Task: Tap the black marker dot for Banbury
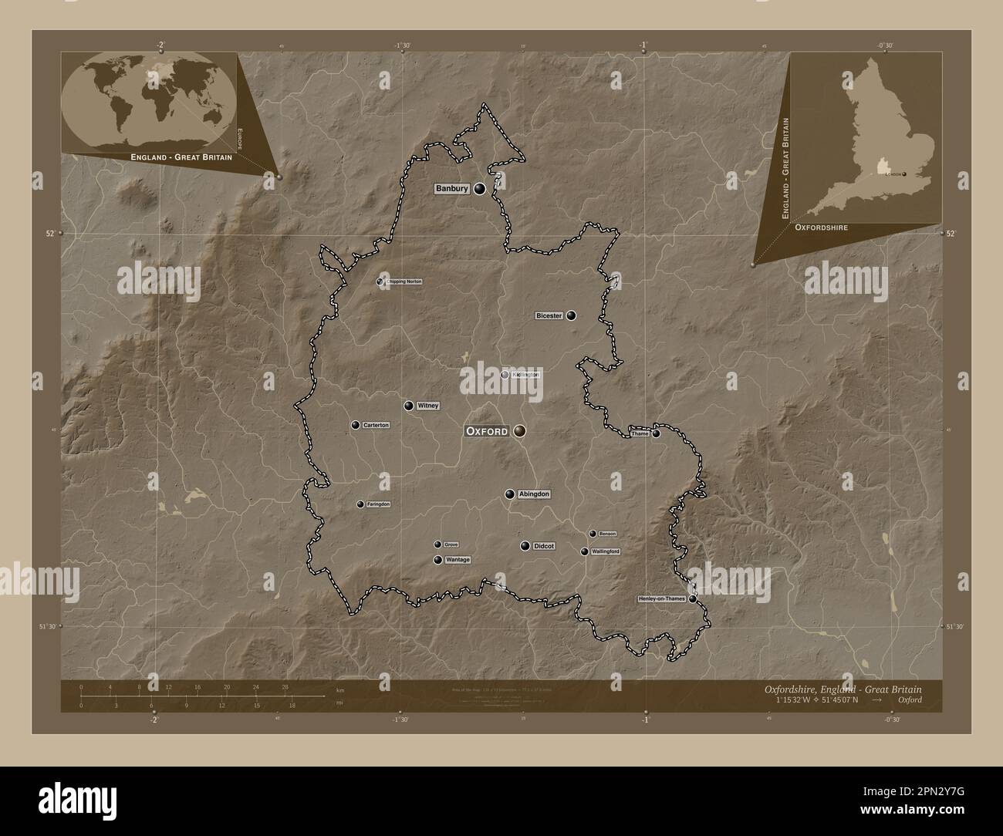click(480, 189)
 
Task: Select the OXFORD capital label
click(487, 432)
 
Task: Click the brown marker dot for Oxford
click(520, 432)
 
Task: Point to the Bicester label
click(549, 315)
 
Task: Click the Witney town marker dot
click(408, 406)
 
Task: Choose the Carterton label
click(376, 426)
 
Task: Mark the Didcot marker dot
click(525, 546)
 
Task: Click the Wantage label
click(458, 560)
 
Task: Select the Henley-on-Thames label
click(662, 598)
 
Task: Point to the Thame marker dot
click(656, 433)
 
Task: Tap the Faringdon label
click(378, 504)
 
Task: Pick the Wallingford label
click(605, 551)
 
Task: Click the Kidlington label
click(525, 375)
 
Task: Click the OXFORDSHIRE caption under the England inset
click(822, 228)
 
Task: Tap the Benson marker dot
click(593, 534)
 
